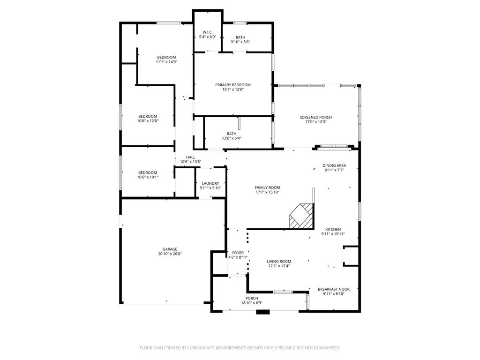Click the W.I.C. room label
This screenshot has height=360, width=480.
[x=208, y=32]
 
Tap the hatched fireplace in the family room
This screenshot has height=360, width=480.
[x=302, y=216]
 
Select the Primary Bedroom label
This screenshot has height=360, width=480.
[x=233, y=85]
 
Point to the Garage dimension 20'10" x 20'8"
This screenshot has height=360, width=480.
[x=170, y=254]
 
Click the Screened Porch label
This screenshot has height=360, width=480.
[x=315, y=117]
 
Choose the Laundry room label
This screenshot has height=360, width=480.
[x=210, y=183]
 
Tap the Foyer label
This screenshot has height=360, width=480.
[x=238, y=253]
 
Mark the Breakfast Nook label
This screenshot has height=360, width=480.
[x=334, y=289]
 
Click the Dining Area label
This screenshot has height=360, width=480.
[x=334, y=165]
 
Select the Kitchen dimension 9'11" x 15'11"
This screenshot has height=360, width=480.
[x=333, y=234]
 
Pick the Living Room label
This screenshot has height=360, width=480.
[x=279, y=262]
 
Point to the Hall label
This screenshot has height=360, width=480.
[x=190, y=157]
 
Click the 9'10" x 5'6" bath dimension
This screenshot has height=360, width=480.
[x=240, y=42]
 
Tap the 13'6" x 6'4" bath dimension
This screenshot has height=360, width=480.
[x=232, y=138]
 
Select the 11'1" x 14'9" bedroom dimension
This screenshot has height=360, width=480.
[x=166, y=62]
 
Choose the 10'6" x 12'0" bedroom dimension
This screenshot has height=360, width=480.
[x=148, y=121]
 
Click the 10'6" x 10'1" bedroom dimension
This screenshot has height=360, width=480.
[x=148, y=177]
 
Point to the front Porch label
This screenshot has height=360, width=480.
[x=252, y=299]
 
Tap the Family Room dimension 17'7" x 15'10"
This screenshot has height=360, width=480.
[x=268, y=192]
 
